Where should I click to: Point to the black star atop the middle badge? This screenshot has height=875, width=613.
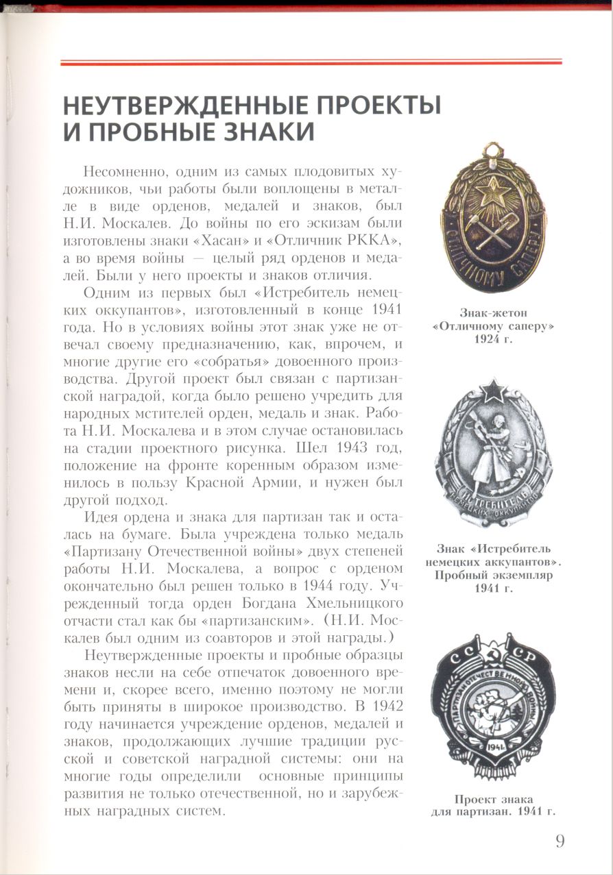(492, 391)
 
